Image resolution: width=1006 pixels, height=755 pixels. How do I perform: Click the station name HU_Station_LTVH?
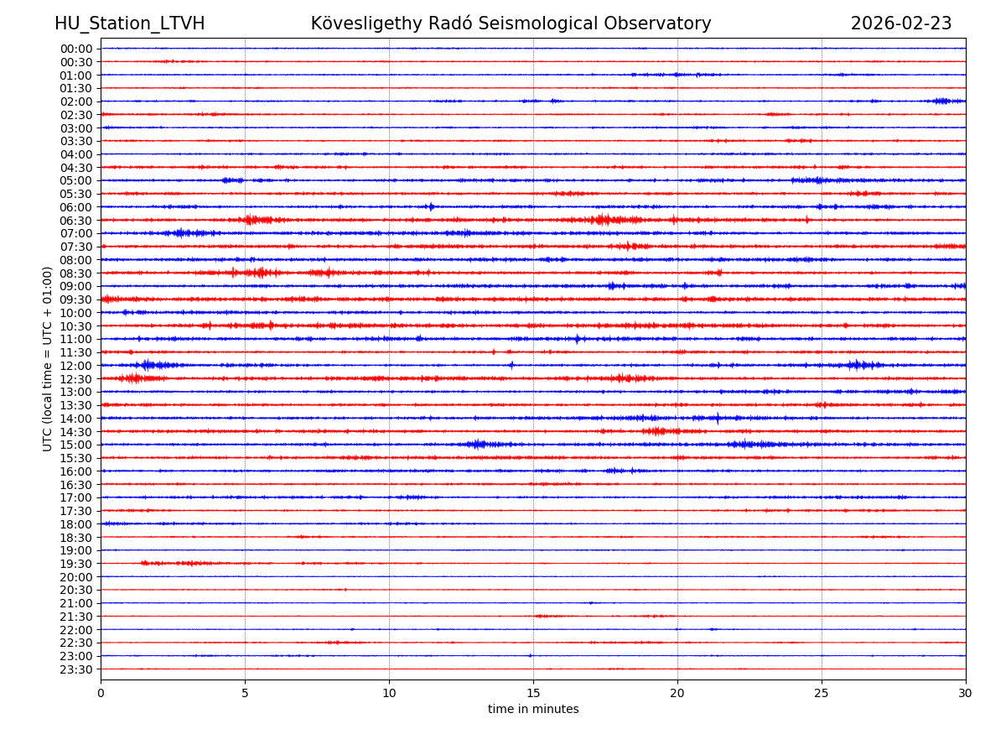pyautogui.click(x=129, y=23)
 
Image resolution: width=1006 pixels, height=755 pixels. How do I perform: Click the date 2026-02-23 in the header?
pyautogui.click(x=901, y=23)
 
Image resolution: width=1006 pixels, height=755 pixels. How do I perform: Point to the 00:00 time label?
pyautogui.click(x=76, y=49)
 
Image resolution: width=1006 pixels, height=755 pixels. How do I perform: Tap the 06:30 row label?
pyautogui.click(x=76, y=221)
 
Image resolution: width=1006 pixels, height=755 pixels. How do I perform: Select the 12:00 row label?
pyautogui.click(x=76, y=366)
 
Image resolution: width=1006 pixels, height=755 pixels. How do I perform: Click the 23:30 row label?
pyautogui.click(x=76, y=669)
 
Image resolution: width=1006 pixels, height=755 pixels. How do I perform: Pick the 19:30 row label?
pyautogui.click(x=76, y=564)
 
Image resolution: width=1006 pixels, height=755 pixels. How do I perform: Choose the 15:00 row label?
pyautogui.click(x=76, y=445)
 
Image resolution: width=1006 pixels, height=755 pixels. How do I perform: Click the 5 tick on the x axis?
pyautogui.click(x=245, y=693)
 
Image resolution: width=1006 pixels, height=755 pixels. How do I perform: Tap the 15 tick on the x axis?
pyautogui.click(x=533, y=693)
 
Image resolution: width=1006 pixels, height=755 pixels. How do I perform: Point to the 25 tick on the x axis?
pyautogui.click(x=822, y=693)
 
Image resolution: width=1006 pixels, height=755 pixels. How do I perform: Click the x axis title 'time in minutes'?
pyautogui.click(x=533, y=710)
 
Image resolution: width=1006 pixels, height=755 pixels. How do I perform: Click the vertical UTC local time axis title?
pyautogui.click(x=48, y=358)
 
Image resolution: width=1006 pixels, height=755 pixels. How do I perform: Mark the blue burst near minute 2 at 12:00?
pyautogui.click(x=149, y=365)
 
